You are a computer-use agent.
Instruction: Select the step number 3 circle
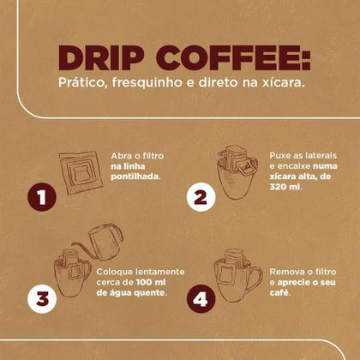(x=41, y=299)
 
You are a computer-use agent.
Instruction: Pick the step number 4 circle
(x=199, y=299)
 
